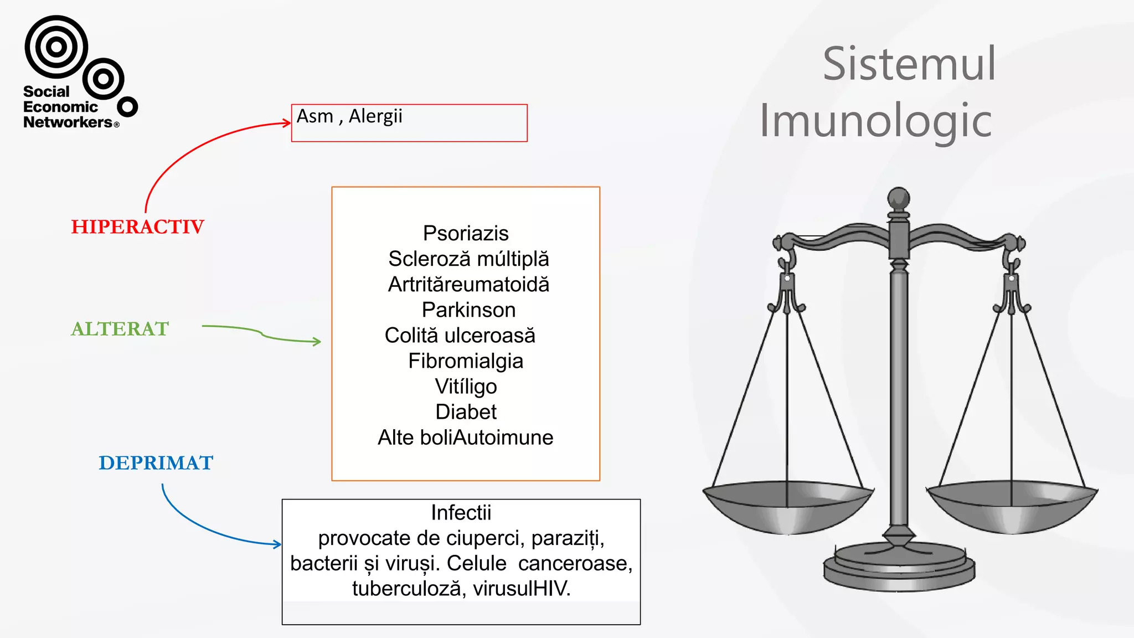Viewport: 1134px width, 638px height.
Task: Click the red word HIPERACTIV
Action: pyautogui.click(x=137, y=227)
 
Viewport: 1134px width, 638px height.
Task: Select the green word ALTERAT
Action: pyautogui.click(x=120, y=329)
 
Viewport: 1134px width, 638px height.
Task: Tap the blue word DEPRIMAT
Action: pyautogui.click(x=156, y=463)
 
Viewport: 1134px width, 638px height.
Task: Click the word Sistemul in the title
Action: pyautogui.click(x=909, y=64)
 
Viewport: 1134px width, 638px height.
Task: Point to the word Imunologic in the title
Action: pyautogui.click(x=875, y=121)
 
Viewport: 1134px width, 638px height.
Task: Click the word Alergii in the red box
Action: pyautogui.click(x=375, y=116)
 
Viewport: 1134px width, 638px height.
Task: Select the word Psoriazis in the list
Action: pyautogui.click(x=466, y=234)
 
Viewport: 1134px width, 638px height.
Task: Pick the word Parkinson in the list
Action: pyautogui.click(x=468, y=310)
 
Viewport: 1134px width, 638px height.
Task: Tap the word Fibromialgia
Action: pyautogui.click(x=466, y=361)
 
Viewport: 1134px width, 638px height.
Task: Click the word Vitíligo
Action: pyautogui.click(x=466, y=387)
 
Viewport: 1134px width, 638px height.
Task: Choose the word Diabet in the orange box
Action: pyautogui.click(x=466, y=412)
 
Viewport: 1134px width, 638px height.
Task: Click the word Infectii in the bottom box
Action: pyautogui.click(x=461, y=513)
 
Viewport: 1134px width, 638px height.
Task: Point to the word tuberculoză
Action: pyautogui.click(x=406, y=589)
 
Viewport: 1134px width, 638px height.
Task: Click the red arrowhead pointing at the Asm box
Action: pyautogui.click(x=287, y=123)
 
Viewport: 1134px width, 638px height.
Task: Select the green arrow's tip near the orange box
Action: pyautogui.click(x=317, y=342)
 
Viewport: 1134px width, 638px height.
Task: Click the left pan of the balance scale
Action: pyautogui.click(x=787, y=507)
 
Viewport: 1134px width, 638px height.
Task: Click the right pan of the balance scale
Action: pyautogui.click(x=1012, y=507)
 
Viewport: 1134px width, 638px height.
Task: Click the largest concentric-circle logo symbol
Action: pyautogui.click(x=56, y=47)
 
